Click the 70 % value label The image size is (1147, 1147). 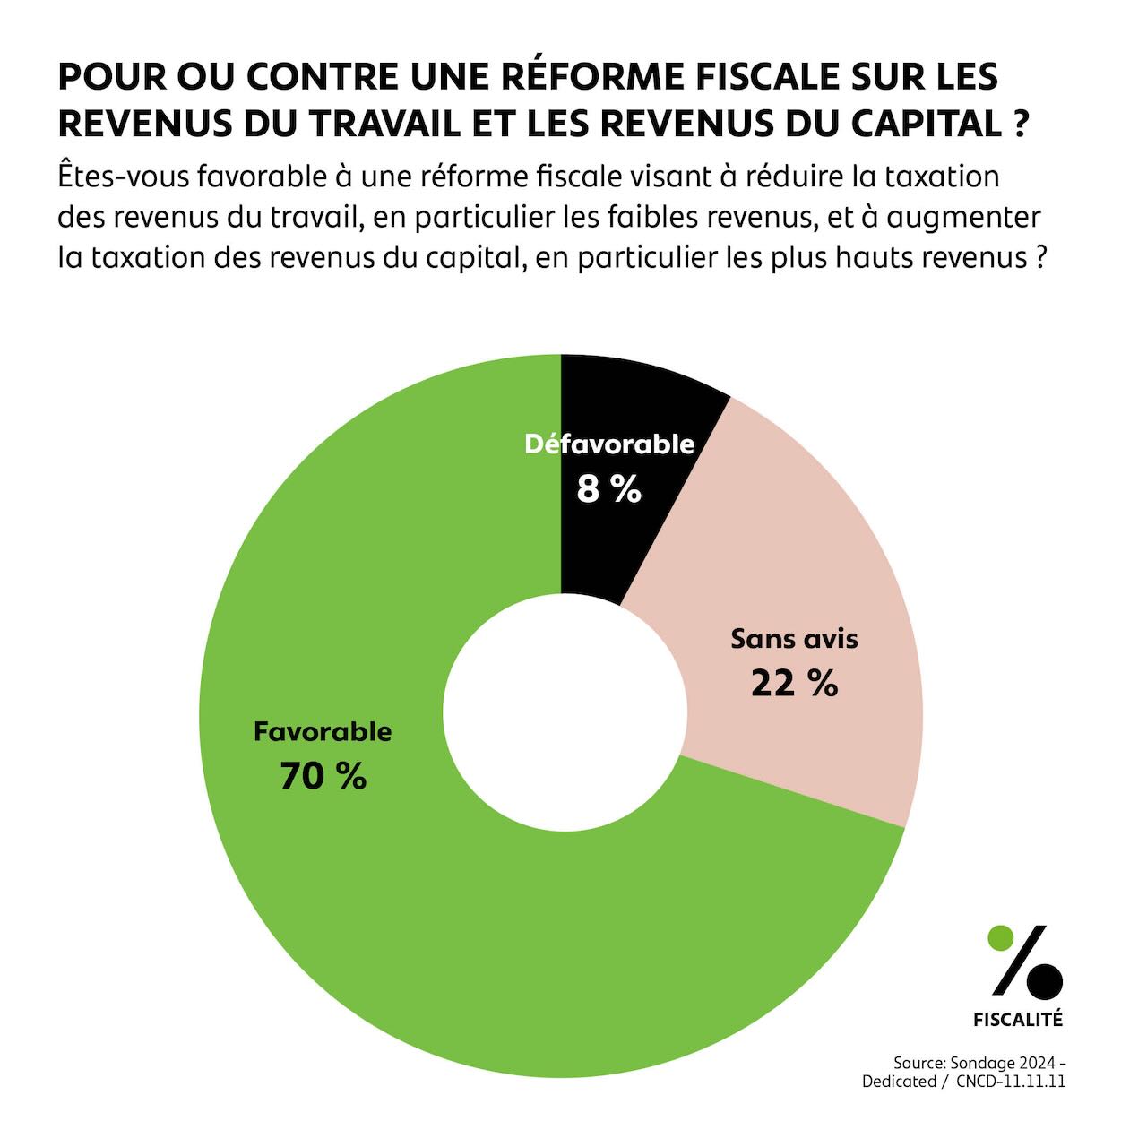click(323, 776)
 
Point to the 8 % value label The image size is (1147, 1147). click(609, 489)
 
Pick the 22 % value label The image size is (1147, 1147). click(794, 683)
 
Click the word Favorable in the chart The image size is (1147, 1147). click(323, 731)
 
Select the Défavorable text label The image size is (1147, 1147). click(609, 444)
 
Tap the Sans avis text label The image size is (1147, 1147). click(794, 639)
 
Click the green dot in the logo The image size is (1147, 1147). click(1000, 938)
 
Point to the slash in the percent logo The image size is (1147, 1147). click(1022, 960)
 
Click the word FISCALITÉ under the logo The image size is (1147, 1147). click(1018, 1020)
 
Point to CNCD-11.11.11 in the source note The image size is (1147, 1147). click(1010, 1082)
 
